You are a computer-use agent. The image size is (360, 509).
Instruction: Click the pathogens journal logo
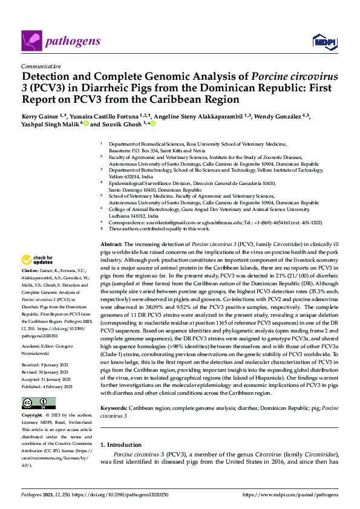(54, 41)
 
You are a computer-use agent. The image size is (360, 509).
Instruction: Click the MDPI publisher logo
(322, 41)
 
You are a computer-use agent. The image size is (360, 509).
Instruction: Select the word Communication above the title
(41, 66)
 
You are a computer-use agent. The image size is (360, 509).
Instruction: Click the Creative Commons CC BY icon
(39, 403)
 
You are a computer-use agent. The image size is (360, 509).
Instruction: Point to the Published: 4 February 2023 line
(47, 386)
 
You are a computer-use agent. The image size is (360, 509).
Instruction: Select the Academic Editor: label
(39, 344)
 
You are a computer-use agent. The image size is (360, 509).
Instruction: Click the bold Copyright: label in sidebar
(31, 416)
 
